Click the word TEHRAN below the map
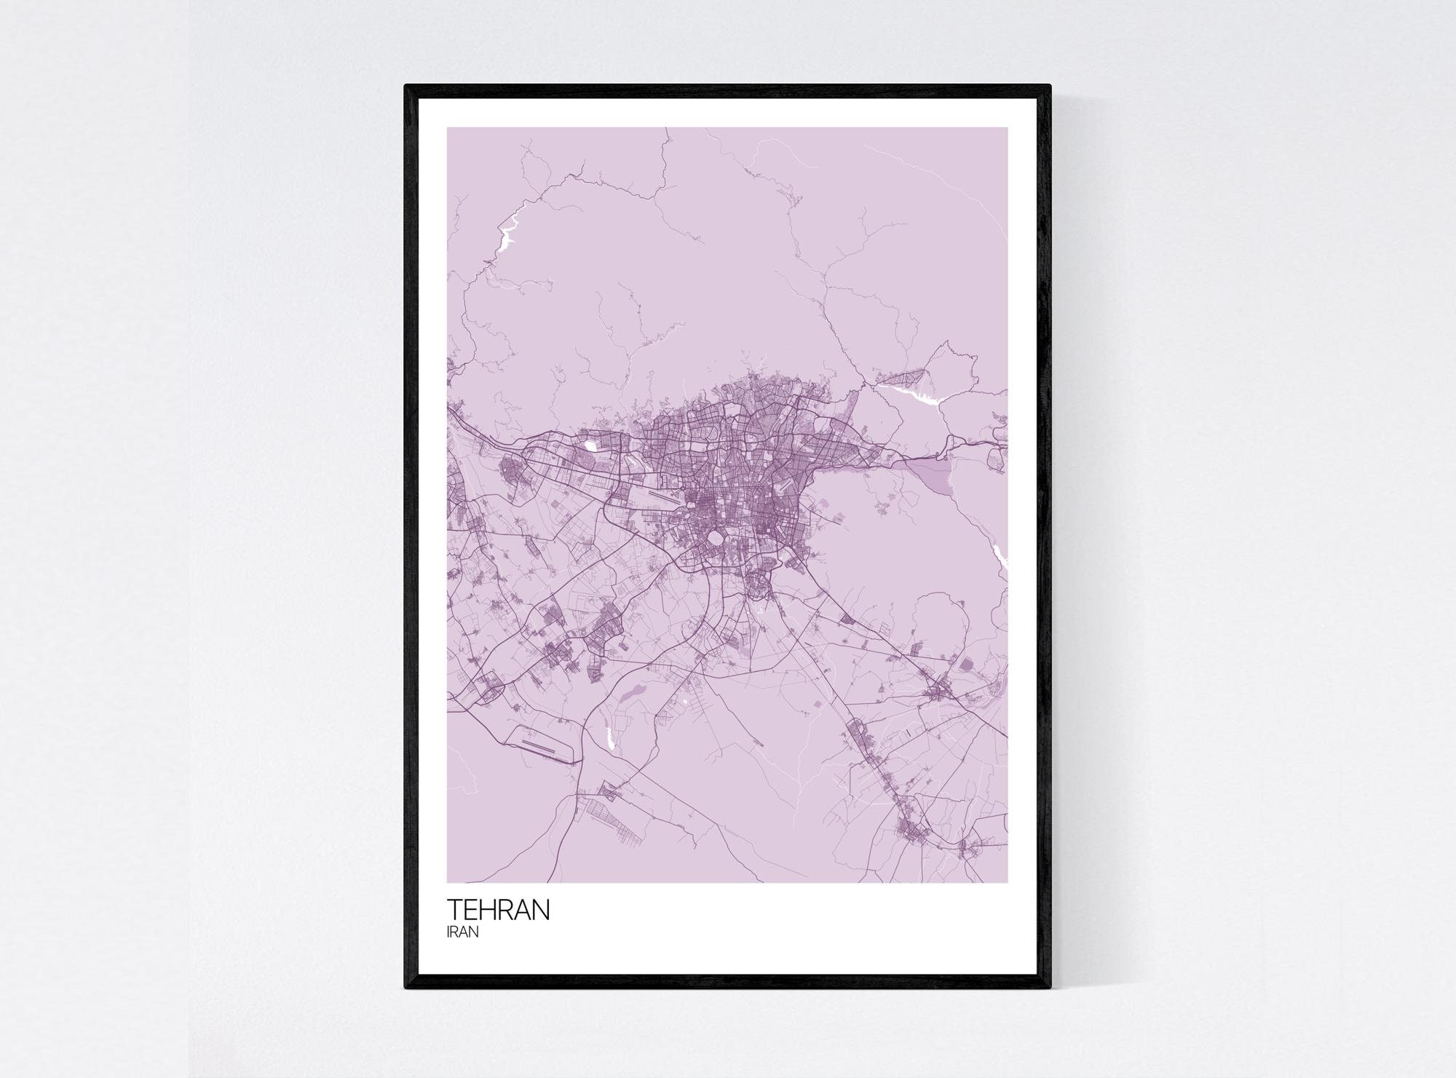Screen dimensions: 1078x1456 click(499, 911)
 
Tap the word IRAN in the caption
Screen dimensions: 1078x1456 click(462, 933)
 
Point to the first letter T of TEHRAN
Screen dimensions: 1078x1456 click(454, 911)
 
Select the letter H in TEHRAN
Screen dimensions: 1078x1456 click(490, 911)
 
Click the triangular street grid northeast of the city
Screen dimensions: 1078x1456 click(903, 379)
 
